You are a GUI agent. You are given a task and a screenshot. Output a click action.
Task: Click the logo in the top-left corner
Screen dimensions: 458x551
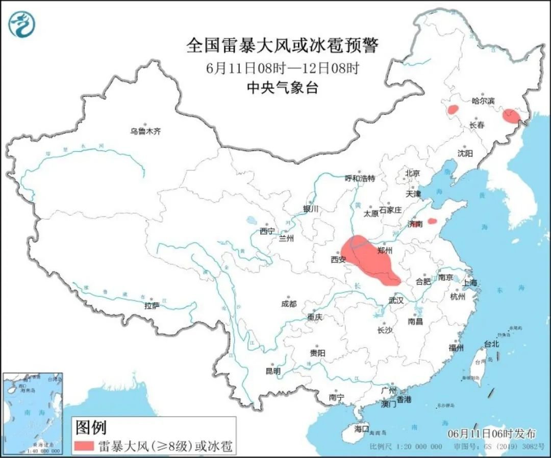point(22,24)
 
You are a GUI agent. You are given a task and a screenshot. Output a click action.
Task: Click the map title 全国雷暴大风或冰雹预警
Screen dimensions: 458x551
point(282,46)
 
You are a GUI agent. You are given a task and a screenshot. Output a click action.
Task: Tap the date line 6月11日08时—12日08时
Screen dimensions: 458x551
point(282,68)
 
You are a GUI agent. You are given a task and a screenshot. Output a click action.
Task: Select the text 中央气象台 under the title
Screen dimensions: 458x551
point(282,88)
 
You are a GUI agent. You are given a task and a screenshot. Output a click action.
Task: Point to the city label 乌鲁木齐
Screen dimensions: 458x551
point(145,131)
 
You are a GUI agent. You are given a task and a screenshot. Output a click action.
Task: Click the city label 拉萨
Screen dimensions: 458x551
point(152,306)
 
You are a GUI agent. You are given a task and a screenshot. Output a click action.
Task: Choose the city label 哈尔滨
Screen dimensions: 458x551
point(483,101)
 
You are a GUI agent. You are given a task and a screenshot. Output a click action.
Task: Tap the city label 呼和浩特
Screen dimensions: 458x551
point(360,178)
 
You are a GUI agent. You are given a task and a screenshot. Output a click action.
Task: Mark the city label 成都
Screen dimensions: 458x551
point(288,304)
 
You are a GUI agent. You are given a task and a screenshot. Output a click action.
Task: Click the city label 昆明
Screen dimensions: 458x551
point(272,372)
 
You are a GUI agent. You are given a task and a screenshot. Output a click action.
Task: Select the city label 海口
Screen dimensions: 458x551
point(361,429)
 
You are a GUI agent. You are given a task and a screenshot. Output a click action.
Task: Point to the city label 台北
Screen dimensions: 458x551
point(491,344)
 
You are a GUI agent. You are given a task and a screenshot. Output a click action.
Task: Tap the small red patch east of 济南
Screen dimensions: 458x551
point(432,221)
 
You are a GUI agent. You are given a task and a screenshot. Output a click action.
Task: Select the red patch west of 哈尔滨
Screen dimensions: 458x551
point(452,109)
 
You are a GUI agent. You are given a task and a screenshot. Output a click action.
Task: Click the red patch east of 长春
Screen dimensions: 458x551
point(511,116)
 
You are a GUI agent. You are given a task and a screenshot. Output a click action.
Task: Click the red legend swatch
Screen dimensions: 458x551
point(84,446)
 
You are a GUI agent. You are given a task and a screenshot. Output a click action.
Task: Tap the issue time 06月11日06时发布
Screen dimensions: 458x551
point(491,434)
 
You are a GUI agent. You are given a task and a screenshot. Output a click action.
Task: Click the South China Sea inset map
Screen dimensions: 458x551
point(32,413)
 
